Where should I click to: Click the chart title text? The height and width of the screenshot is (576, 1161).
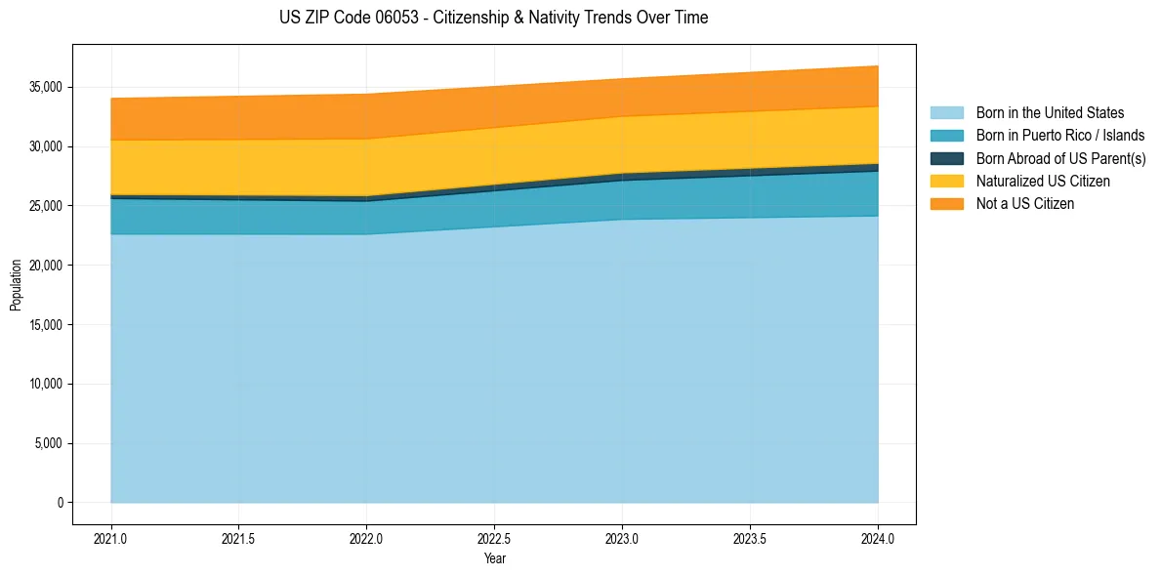[493, 18]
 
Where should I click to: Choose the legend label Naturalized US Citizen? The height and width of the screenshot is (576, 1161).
[1043, 182]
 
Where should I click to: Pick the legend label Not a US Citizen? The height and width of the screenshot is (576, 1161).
[1025, 204]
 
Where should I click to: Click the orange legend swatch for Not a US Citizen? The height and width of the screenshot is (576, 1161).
[946, 204]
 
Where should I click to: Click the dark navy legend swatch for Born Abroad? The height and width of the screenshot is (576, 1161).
[946, 158]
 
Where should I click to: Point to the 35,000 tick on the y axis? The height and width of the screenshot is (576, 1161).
[45, 88]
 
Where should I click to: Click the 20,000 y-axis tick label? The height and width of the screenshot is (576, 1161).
[45, 266]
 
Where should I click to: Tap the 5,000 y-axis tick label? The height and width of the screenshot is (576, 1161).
[48, 444]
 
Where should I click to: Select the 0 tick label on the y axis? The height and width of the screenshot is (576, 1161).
[60, 503]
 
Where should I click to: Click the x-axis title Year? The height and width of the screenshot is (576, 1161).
[494, 559]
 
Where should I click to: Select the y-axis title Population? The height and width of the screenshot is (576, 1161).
[16, 285]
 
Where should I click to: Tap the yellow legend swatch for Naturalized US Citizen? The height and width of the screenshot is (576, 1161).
[946, 182]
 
